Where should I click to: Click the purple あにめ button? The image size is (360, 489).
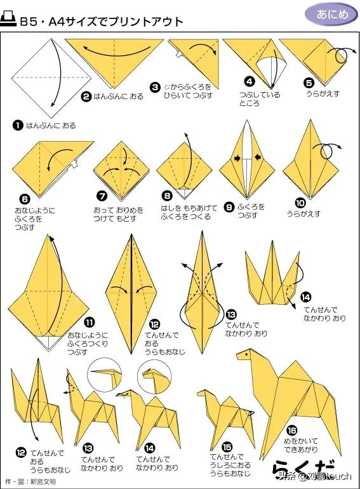331,15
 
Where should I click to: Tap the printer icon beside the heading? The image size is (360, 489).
8,19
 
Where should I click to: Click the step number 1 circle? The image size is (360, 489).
18,126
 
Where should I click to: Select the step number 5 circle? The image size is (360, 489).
309,83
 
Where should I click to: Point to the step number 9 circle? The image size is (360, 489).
229,207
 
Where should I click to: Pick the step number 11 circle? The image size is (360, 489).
90,322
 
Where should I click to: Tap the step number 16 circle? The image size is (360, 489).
291,431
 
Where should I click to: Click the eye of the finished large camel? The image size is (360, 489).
246,354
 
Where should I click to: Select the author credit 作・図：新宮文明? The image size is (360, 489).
30,482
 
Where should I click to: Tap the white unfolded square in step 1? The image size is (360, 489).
52,77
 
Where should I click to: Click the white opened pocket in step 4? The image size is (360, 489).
271,72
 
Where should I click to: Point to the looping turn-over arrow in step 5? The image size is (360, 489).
342,55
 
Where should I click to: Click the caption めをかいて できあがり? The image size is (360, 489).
301,445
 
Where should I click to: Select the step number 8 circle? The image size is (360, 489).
168,196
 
